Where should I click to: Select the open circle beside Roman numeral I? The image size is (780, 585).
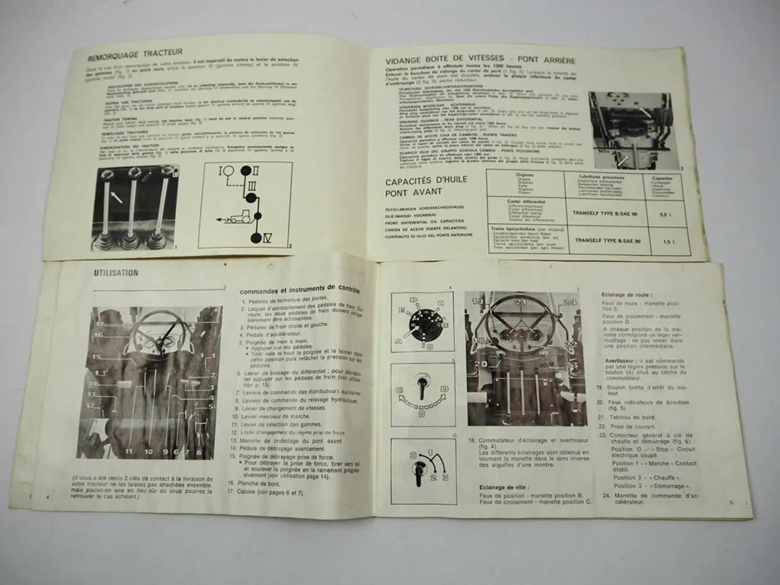pos(229,170)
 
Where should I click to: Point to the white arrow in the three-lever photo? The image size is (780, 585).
pos(118,197)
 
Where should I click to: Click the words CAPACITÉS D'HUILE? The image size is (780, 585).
pos(426,180)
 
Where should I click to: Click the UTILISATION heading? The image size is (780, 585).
pos(116,272)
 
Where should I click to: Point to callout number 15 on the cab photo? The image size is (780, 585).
pos(97,357)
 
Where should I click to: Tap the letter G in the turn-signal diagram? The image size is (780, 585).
pos(400,389)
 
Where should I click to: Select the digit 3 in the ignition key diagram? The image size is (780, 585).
pos(445,477)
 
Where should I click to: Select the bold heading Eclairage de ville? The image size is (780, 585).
pos(504,487)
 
